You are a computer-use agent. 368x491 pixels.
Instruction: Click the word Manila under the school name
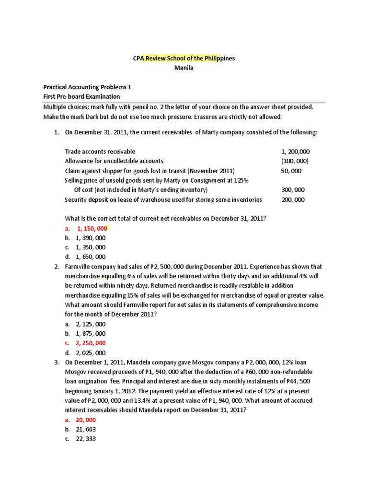pyautogui.click(x=184, y=68)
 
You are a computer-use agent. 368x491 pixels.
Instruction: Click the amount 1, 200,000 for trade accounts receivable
pyautogui.click(x=295, y=152)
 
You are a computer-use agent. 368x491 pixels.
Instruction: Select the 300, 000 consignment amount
pyautogui.click(x=293, y=190)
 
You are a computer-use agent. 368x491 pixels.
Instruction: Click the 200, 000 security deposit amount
pyautogui.click(x=293, y=199)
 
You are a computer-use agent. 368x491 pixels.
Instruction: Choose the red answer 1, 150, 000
pyautogui.click(x=91, y=228)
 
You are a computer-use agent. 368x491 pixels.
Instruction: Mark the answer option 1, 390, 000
pyautogui.click(x=91, y=238)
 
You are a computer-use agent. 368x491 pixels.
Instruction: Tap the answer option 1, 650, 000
pyautogui.click(x=91, y=257)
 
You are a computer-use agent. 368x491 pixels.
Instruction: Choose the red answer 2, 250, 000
pyautogui.click(x=91, y=343)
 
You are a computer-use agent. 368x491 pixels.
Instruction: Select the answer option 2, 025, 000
pyautogui.click(x=91, y=353)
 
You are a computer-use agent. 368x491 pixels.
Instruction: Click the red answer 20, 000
pyautogui.click(x=86, y=420)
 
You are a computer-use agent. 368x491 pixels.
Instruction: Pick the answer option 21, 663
pyautogui.click(x=86, y=430)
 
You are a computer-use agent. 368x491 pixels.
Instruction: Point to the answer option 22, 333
pyautogui.click(x=86, y=439)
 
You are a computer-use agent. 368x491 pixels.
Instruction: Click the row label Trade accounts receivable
pyautogui.click(x=100, y=152)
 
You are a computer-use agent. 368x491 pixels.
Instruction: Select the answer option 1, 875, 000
pyautogui.click(x=91, y=334)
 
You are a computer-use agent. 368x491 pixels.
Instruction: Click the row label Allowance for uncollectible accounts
pyautogui.click(x=114, y=161)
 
